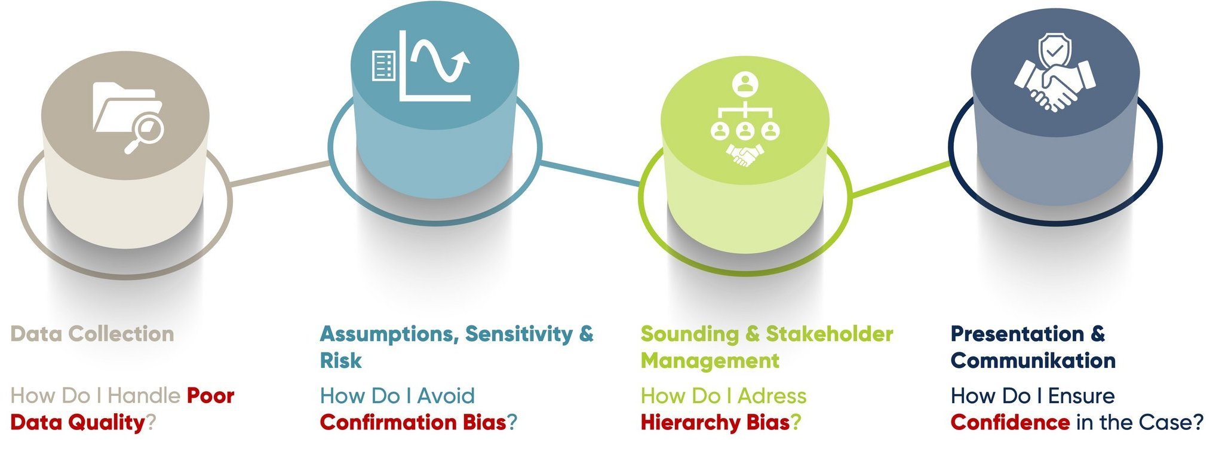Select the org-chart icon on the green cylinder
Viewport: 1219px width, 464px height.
(745, 119)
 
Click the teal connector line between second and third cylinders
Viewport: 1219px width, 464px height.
(591, 173)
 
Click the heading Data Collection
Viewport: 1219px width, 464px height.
(92, 334)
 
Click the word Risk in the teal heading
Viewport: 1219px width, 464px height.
(340, 361)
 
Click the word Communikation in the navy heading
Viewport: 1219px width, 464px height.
(1033, 361)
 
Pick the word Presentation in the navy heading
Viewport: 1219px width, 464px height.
(1017, 334)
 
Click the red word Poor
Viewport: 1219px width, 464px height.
(210, 396)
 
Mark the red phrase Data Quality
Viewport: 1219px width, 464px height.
(78, 423)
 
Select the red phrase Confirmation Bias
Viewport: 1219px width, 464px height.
(413, 423)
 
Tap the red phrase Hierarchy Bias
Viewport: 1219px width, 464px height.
(715, 423)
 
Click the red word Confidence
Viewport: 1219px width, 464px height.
(1009, 423)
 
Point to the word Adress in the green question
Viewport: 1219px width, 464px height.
(772, 396)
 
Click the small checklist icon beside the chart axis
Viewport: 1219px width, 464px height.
(383, 66)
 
